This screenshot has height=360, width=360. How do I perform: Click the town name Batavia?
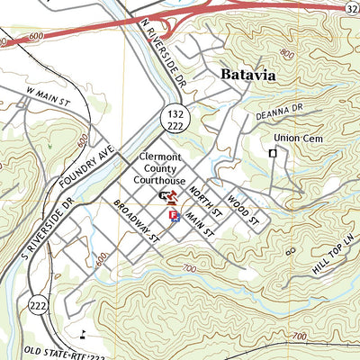point(247,76)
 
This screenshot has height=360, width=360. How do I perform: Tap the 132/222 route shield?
point(175,117)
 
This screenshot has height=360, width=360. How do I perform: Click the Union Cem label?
point(297,139)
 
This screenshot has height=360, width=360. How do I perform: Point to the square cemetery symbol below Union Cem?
point(273,154)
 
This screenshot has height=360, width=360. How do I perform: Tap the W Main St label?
point(47,92)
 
